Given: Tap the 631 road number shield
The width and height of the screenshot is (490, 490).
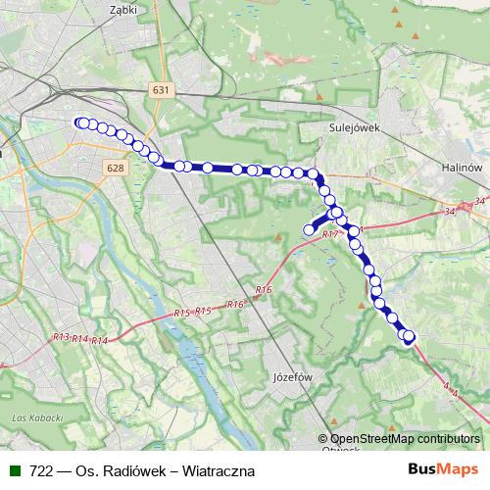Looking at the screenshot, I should [x=162, y=90].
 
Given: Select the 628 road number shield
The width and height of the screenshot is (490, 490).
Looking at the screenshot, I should [x=115, y=169].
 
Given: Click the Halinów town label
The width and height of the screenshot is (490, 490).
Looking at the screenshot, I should [x=463, y=168].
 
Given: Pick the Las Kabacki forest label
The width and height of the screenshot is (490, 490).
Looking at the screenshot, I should [x=38, y=417].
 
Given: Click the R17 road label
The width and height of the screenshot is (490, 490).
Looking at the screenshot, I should [x=329, y=234].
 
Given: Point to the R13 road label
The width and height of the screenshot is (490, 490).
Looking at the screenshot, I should [x=61, y=336].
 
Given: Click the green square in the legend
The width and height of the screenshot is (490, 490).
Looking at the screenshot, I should [x=13, y=470].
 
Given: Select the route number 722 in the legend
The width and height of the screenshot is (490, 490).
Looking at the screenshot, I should [x=42, y=470].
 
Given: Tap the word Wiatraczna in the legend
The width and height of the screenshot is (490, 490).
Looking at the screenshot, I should [x=221, y=470].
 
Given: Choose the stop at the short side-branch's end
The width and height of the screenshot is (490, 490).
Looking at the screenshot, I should [x=310, y=230].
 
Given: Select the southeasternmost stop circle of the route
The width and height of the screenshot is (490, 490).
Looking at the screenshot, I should [x=410, y=337].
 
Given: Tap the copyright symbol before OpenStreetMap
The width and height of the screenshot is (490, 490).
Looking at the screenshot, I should [x=323, y=440].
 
